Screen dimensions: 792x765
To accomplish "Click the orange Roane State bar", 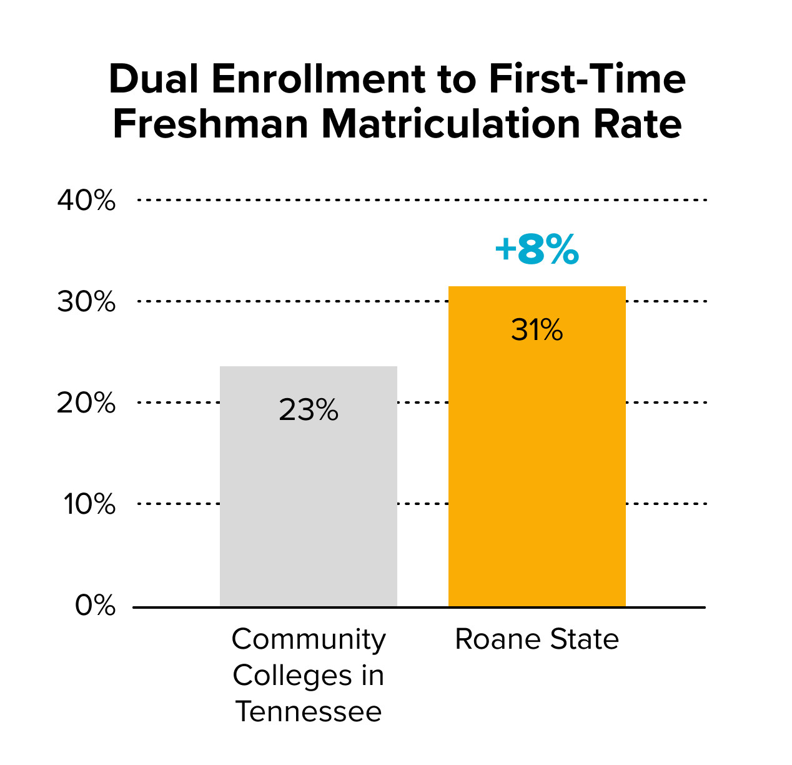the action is [537, 446].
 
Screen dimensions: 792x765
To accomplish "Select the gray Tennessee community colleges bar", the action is [308, 486].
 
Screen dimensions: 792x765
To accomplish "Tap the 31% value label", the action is [537, 329].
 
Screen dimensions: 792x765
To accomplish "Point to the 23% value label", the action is [308, 409].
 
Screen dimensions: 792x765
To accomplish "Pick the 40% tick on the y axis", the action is [86, 200].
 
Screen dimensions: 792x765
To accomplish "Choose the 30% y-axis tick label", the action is [86, 301].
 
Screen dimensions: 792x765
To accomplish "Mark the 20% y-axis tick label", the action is [86, 403].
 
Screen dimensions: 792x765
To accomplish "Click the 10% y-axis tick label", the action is [89, 504].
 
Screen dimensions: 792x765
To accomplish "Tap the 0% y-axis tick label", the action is [95, 605].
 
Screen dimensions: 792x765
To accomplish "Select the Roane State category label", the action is [537, 639].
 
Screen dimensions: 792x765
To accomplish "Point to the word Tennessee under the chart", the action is [309, 711].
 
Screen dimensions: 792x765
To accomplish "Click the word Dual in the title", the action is [154, 79].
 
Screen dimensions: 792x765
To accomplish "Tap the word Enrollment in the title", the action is [319, 79].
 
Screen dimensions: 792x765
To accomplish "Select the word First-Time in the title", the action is [587, 79].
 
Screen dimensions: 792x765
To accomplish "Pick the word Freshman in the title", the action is [210, 123].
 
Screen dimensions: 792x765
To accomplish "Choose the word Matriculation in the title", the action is [451, 123].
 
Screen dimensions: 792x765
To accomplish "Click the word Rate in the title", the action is [637, 123].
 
